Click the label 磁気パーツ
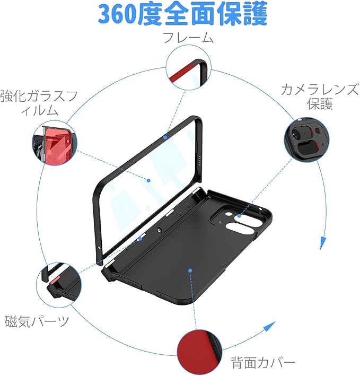(x=37, y=321)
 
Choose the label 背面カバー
(x=263, y=363)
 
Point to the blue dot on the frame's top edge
(x=165, y=137)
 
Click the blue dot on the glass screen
(x=149, y=180)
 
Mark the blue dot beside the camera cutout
(x=239, y=216)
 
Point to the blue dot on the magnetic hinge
(x=140, y=239)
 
